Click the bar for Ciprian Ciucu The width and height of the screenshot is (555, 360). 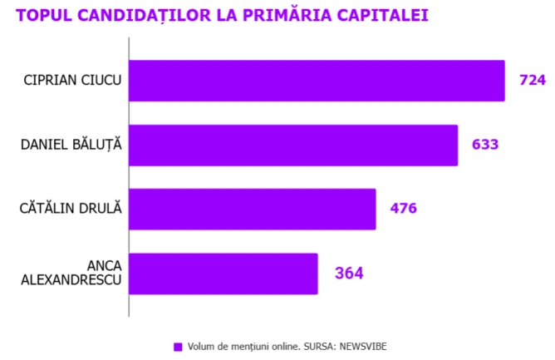tap(317, 81)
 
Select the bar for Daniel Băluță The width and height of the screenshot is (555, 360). tap(293, 145)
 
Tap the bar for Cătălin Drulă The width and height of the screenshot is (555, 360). tap(253, 209)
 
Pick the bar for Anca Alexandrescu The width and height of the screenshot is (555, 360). tap(223, 274)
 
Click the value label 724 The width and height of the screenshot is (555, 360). tap(532, 81)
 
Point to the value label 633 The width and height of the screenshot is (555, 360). tap(484, 145)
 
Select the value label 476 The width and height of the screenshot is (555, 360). tap(403, 209)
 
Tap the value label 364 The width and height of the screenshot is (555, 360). tap(349, 273)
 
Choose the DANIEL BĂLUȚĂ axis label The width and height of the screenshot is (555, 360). tap(71, 145)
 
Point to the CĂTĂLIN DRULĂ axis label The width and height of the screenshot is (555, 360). tap(71, 209)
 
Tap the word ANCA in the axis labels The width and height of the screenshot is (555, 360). tap(105, 266)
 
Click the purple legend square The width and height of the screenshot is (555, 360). tap(177, 347)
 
